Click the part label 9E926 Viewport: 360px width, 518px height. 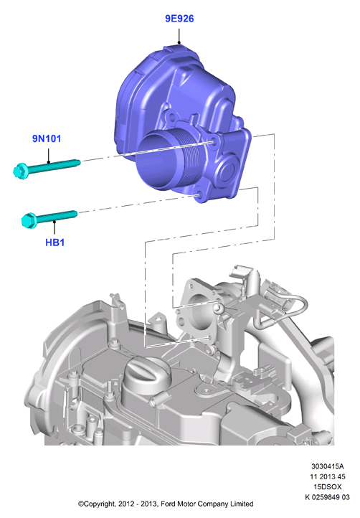(179, 19)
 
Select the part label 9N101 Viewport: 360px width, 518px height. (47, 138)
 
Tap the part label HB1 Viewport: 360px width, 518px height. (55, 242)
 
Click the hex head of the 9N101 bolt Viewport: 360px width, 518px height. (21, 171)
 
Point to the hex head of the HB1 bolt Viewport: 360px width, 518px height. (29, 220)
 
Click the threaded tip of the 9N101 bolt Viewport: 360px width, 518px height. (77, 162)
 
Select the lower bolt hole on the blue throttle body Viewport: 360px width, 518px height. (198, 195)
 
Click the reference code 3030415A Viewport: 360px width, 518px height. (327, 466)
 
